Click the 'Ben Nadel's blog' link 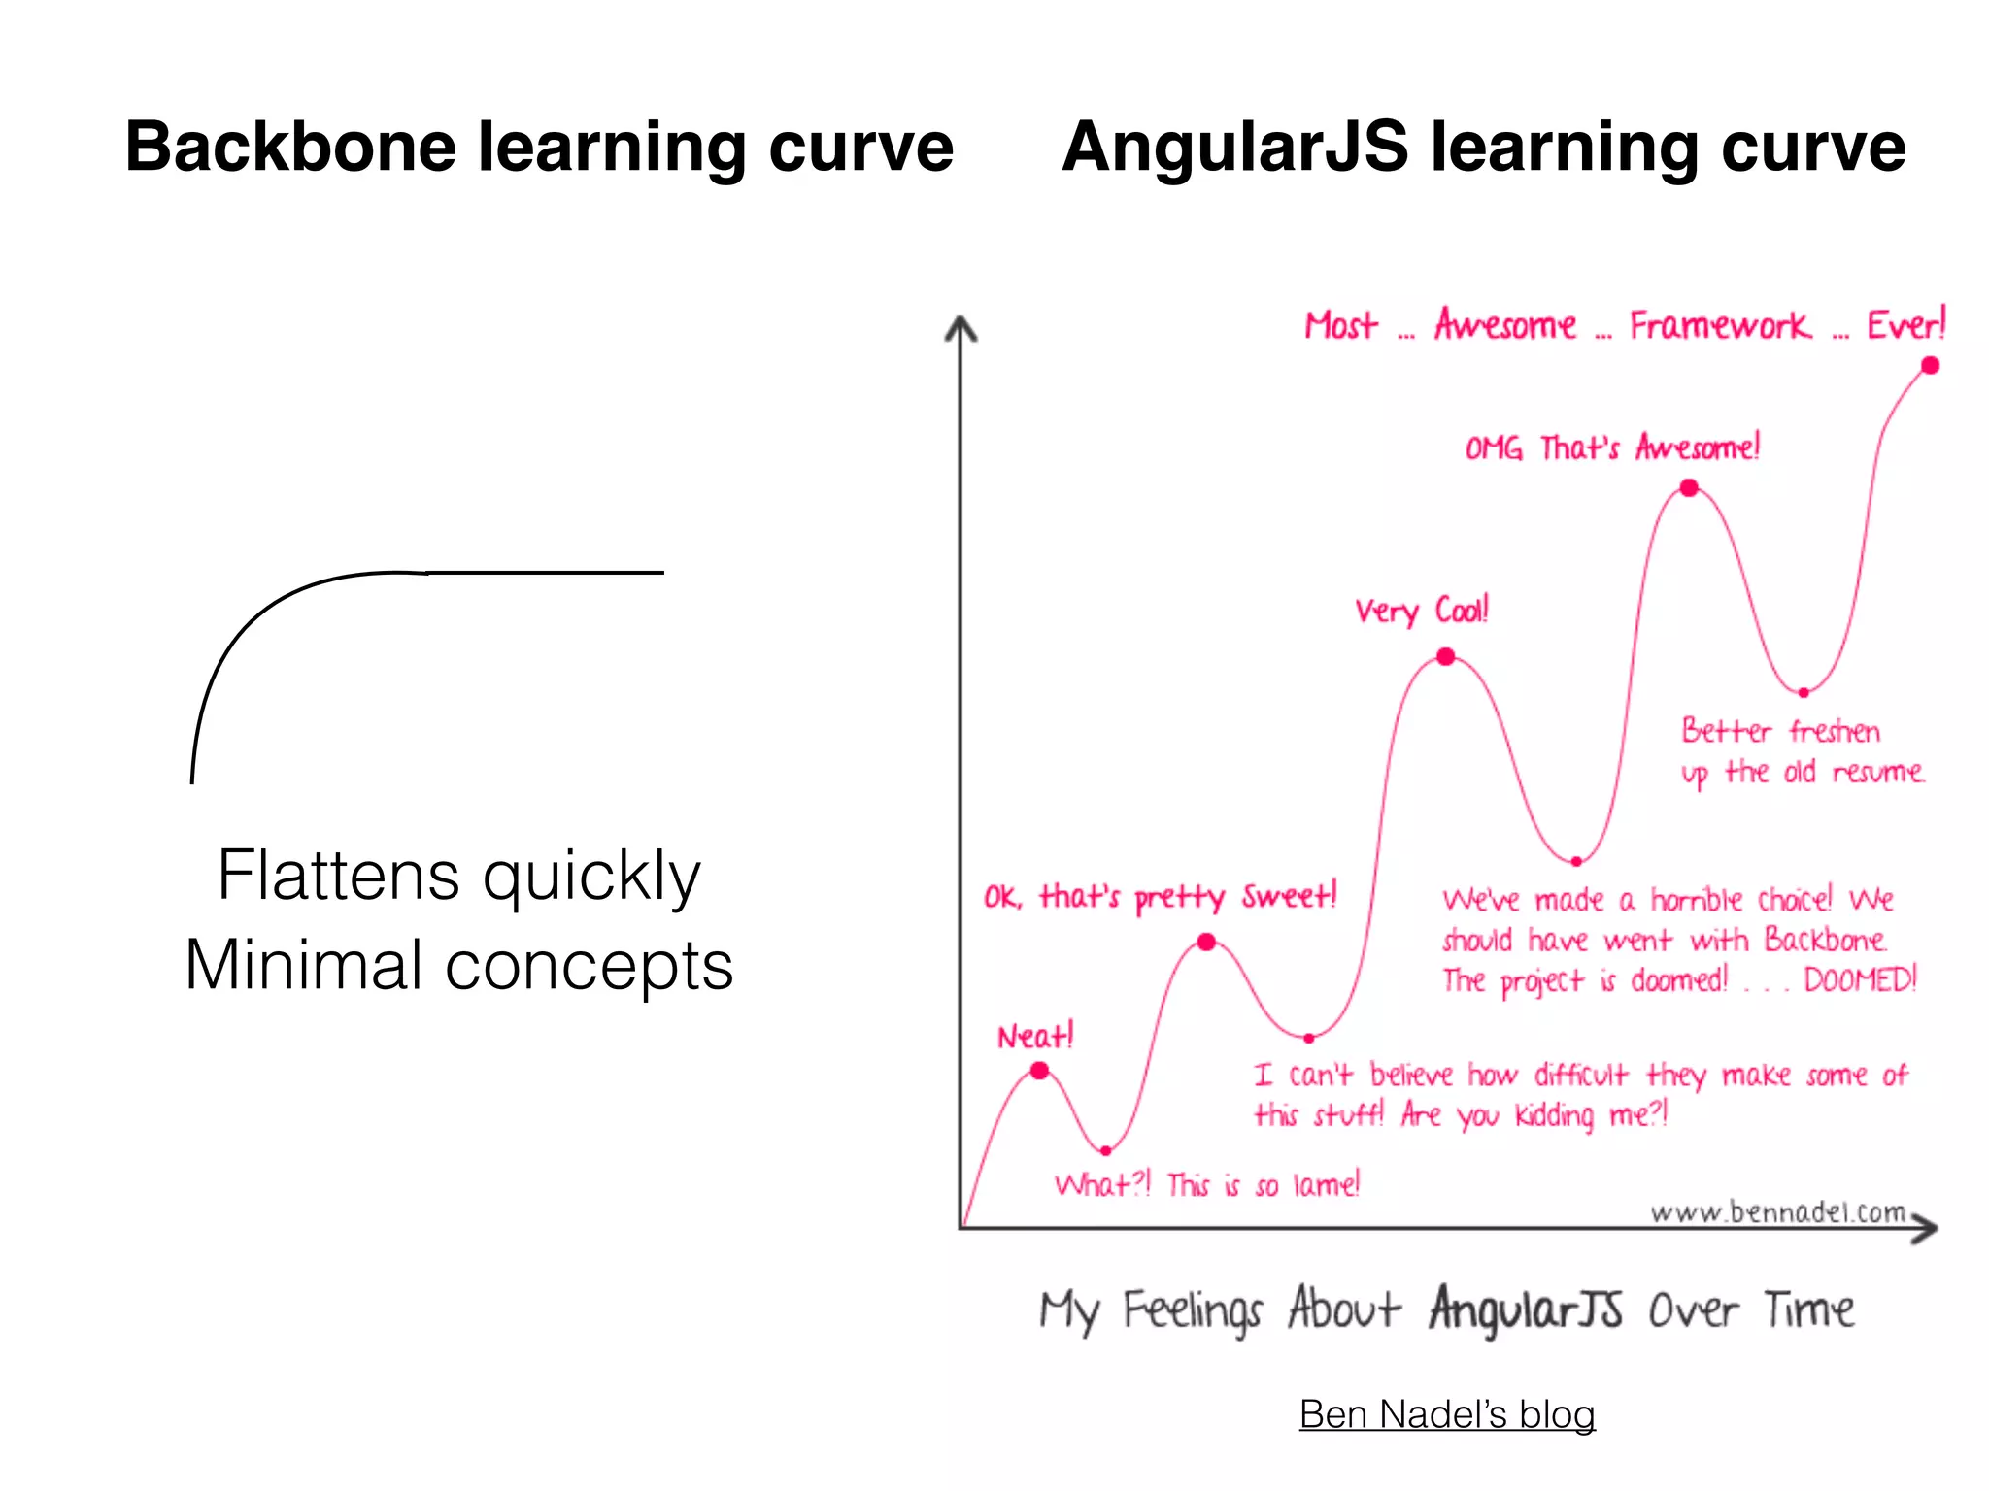pos(1447,1414)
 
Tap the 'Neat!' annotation pos(1035,1037)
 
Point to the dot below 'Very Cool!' pos(1446,657)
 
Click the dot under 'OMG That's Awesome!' pos(1690,487)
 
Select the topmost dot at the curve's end pos(1930,365)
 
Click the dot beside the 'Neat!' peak pos(1039,1071)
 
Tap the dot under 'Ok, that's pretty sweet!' pos(1206,942)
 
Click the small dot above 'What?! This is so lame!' pos(1106,1151)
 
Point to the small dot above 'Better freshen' pos(1804,693)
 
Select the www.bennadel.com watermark pos(1777,1212)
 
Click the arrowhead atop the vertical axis pos(961,328)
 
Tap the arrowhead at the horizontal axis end pos(1926,1229)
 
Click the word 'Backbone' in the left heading pos(291,148)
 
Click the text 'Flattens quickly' pos(458,876)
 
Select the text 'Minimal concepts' pos(458,966)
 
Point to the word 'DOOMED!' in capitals pos(1860,979)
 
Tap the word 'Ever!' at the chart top pos(1906,325)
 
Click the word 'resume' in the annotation pos(1877,773)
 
